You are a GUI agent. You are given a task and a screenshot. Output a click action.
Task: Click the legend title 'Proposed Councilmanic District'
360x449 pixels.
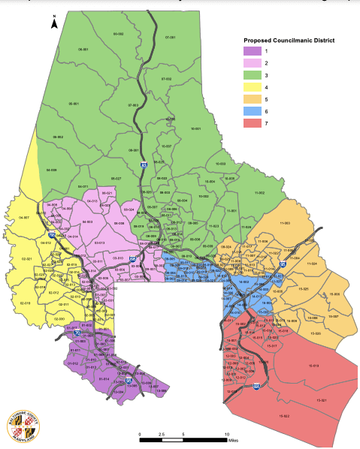[289, 39]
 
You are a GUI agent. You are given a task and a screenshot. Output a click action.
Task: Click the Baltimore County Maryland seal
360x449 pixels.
[23, 426]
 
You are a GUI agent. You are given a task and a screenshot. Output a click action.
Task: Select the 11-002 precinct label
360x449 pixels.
[259, 193]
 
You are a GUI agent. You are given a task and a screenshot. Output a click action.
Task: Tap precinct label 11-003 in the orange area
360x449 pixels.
[284, 223]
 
